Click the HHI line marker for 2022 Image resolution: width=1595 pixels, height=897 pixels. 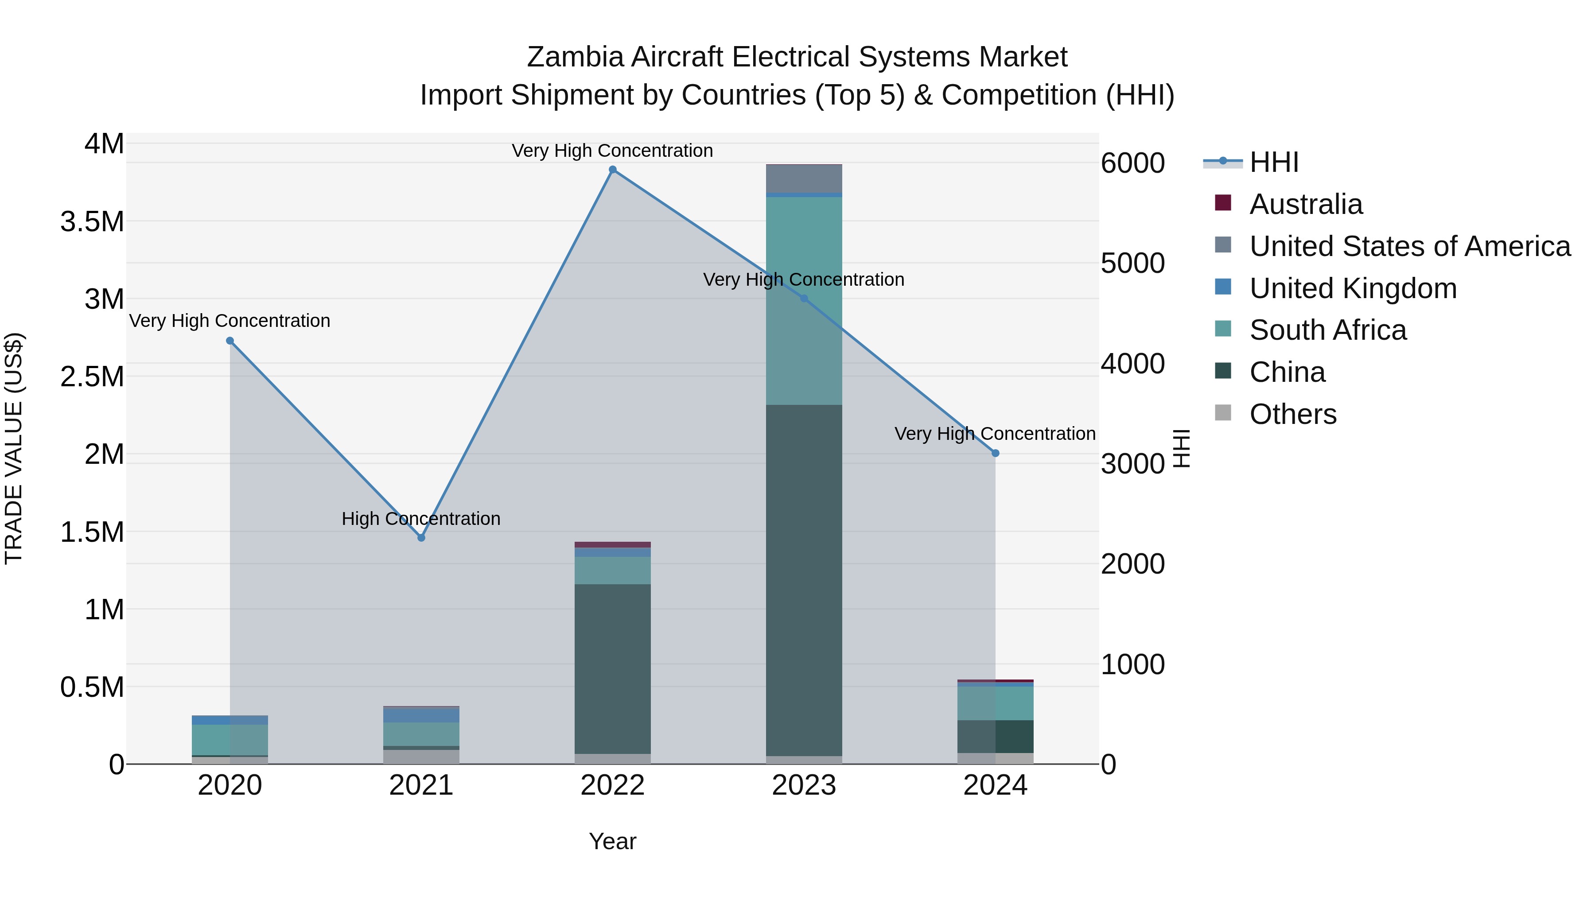[612, 170]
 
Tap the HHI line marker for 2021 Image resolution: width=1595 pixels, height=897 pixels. [421, 538]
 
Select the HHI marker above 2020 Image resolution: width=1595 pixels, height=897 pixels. [230, 341]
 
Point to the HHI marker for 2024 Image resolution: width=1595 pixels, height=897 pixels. [995, 453]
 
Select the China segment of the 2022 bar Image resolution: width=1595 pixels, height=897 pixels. [612, 668]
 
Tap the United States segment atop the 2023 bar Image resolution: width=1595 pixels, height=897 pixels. [804, 179]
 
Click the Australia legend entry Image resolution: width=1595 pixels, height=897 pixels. [1306, 204]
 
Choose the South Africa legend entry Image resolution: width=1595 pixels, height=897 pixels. [1327, 330]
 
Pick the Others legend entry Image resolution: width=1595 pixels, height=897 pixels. [1293, 414]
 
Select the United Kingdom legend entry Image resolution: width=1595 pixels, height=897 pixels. [1353, 288]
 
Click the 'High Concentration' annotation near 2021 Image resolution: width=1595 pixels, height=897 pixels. [421, 519]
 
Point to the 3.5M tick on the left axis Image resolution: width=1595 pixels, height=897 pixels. [92, 221]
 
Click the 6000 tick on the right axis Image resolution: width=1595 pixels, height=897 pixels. [1132, 163]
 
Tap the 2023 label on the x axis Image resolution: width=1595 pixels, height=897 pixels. [804, 785]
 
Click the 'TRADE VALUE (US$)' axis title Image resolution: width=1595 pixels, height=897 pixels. [14, 448]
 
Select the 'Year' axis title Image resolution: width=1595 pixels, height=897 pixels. [612, 841]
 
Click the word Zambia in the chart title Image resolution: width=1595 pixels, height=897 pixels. [575, 57]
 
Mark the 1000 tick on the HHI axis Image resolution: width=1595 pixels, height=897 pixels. [1132, 664]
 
